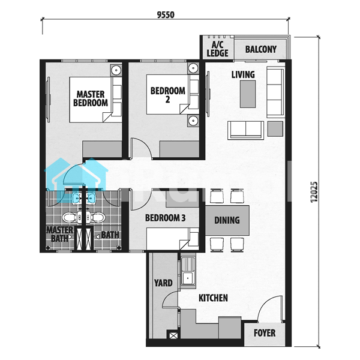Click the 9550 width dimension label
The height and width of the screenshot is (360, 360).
(x=166, y=14)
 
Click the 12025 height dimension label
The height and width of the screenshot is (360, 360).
(x=314, y=192)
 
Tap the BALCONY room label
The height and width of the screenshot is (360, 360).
(x=261, y=49)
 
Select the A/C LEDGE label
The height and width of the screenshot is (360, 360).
(x=217, y=49)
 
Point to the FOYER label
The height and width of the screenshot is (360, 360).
(x=265, y=333)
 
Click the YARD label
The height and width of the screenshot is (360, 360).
(x=163, y=283)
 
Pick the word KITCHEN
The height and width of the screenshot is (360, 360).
(x=213, y=298)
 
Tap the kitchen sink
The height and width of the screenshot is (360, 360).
(x=188, y=272)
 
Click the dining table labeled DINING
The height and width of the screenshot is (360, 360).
(x=227, y=220)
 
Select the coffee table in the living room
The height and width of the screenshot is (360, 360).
(x=248, y=94)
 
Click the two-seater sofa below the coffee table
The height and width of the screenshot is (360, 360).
(x=245, y=130)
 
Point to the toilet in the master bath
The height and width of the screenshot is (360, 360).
(x=70, y=217)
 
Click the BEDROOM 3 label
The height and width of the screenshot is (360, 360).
(x=166, y=218)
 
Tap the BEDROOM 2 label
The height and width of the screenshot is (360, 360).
(x=168, y=95)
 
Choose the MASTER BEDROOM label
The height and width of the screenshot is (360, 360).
(x=91, y=98)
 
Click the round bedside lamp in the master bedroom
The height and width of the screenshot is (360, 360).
(x=116, y=70)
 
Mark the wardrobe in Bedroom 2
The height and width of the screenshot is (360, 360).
(x=179, y=149)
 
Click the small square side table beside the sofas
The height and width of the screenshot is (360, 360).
(x=275, y=129)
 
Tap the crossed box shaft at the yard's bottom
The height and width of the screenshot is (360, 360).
(x=173, y=336)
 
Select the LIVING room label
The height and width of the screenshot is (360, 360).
(x=243, y=74)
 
